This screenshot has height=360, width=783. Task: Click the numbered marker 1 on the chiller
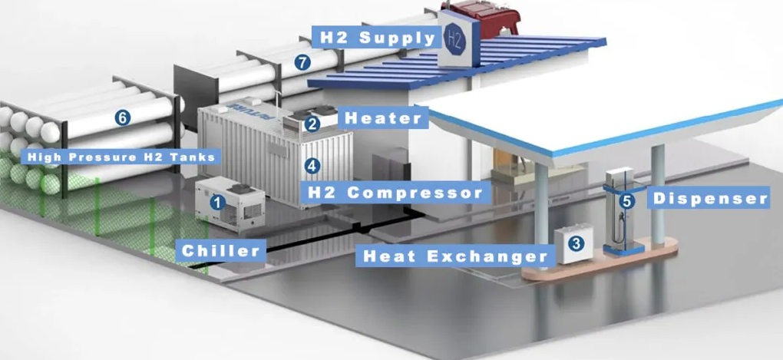[217, 202]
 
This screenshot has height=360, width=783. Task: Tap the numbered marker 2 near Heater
[312, 124]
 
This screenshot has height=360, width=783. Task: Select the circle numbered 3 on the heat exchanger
[576, 243]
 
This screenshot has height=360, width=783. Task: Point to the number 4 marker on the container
[312, 166]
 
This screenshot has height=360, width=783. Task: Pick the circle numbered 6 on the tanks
[122, 118]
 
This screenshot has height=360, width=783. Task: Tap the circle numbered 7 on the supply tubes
[302, 62]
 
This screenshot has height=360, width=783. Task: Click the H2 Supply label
[377, 38]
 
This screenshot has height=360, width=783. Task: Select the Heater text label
[383, 118]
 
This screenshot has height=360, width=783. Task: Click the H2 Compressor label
[395, 193]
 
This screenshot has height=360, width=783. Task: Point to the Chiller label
[221, 251]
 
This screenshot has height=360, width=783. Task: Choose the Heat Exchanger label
[455, 256]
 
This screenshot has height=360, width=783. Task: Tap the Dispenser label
[710, 198]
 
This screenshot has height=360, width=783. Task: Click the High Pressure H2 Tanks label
[121, 157]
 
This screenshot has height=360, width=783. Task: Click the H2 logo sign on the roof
[455, 40]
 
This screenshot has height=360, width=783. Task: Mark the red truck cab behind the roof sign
[478, 16]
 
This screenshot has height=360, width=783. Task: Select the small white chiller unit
[230, 203]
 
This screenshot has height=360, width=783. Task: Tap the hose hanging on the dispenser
[621, 227]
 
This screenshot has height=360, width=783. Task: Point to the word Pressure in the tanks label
[102, 157]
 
